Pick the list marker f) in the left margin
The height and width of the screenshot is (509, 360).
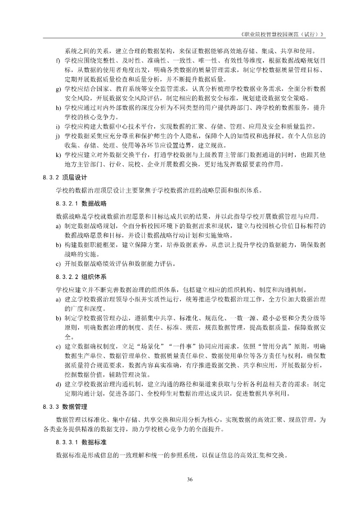58,60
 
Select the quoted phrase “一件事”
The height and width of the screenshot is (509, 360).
175,347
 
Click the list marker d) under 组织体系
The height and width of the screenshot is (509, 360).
58,384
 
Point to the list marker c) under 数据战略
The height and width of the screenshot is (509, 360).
58,263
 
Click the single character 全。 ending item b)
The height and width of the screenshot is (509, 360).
68,337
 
